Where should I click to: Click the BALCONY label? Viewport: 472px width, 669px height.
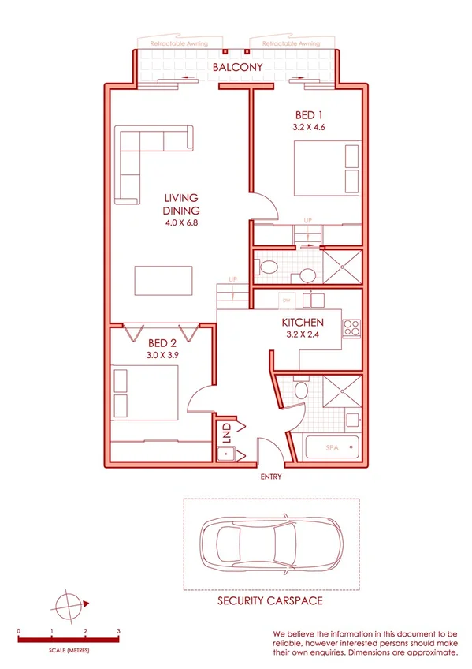pos(237,68)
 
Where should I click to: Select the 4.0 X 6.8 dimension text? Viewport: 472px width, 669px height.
pos(181,222)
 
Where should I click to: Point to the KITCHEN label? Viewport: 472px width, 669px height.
pos(303,322)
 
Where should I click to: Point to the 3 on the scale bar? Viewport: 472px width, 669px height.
pos(118,632)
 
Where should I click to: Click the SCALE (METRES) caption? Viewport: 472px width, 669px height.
pos(68,650)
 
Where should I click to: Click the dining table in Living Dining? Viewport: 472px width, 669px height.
pos(164,281)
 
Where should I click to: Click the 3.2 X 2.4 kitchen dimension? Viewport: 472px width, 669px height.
pos(303,334)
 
